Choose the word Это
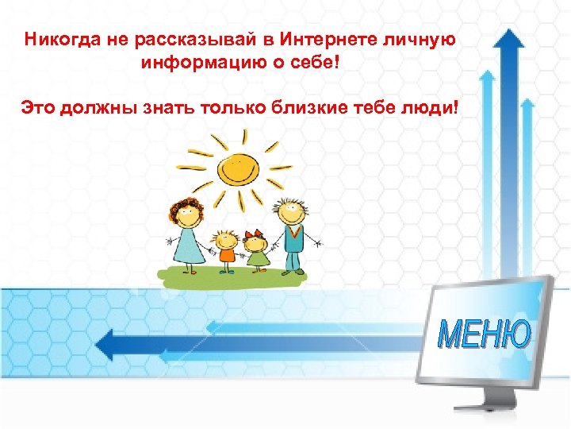pyautogui.click(x=37, y=106)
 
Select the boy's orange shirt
pyautogui.click(x=226, y=253)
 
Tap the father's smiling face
pyautogui.click(x=290, y=212)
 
